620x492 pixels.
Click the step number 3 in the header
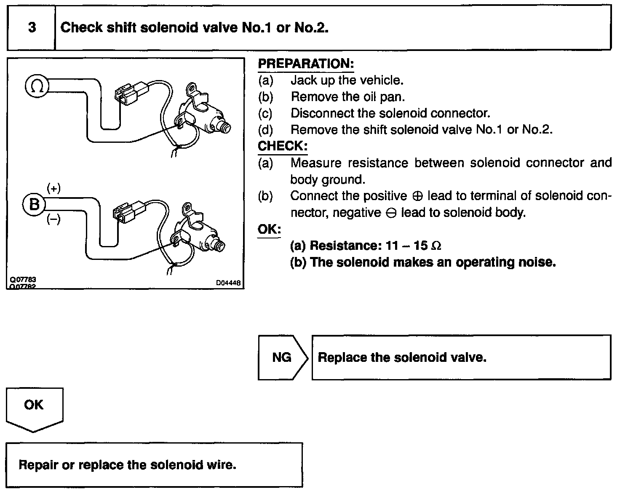pyautogui.click(x=32, y=28)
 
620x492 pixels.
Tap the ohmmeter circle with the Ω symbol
pyautogui.click(x=37, y=86)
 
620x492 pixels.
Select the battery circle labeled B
pyautogui.click(x=34, y=205)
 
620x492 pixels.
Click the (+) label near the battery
pyautogui.click(x=53, y=189)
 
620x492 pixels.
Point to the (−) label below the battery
pyautogui.click(x=53, y=219)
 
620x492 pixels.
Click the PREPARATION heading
pyautogui.click(x=306, y=64)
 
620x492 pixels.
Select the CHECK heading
pyautogui.click(x=283, y=146)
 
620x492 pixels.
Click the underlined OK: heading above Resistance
pyautogui.click(x=269, y=230)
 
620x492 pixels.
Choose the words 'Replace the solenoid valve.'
pyautogui.click(x=402, y=358)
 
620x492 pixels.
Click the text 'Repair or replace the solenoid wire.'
pyautogui.click(x=128, y=465)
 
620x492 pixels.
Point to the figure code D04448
pyautogui.click(x=228, y=283)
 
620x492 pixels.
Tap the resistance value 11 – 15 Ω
pyautogui.click(x=413, y=246)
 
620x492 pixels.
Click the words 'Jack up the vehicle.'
pyautogui.click(x=347, y=80)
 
